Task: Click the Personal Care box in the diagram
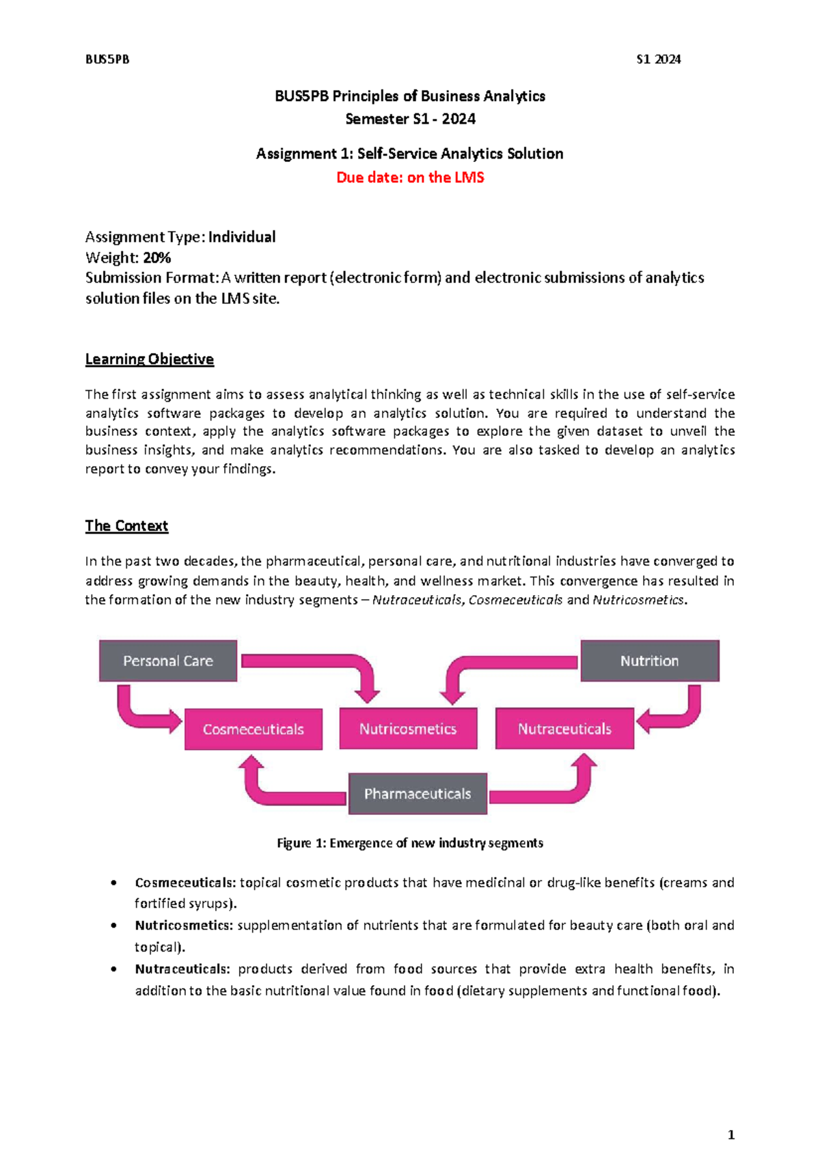[168, 661]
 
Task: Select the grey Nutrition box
[649, 661]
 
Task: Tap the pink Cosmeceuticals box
[253, 729]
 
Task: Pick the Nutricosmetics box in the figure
[408, 729]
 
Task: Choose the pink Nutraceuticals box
[564, 729]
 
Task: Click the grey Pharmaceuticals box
[418, 794]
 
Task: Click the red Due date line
[410, 178]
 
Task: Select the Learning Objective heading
[149, 359]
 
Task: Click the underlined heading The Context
[126, 526]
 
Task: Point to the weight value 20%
[156, 258]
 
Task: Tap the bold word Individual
[242, 237]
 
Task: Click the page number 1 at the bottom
[731, 1135]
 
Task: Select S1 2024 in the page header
[658, 59]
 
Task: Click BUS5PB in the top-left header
[107, 59]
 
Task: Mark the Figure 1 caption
[410, 843]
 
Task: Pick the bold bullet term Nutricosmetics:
[184, 926]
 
